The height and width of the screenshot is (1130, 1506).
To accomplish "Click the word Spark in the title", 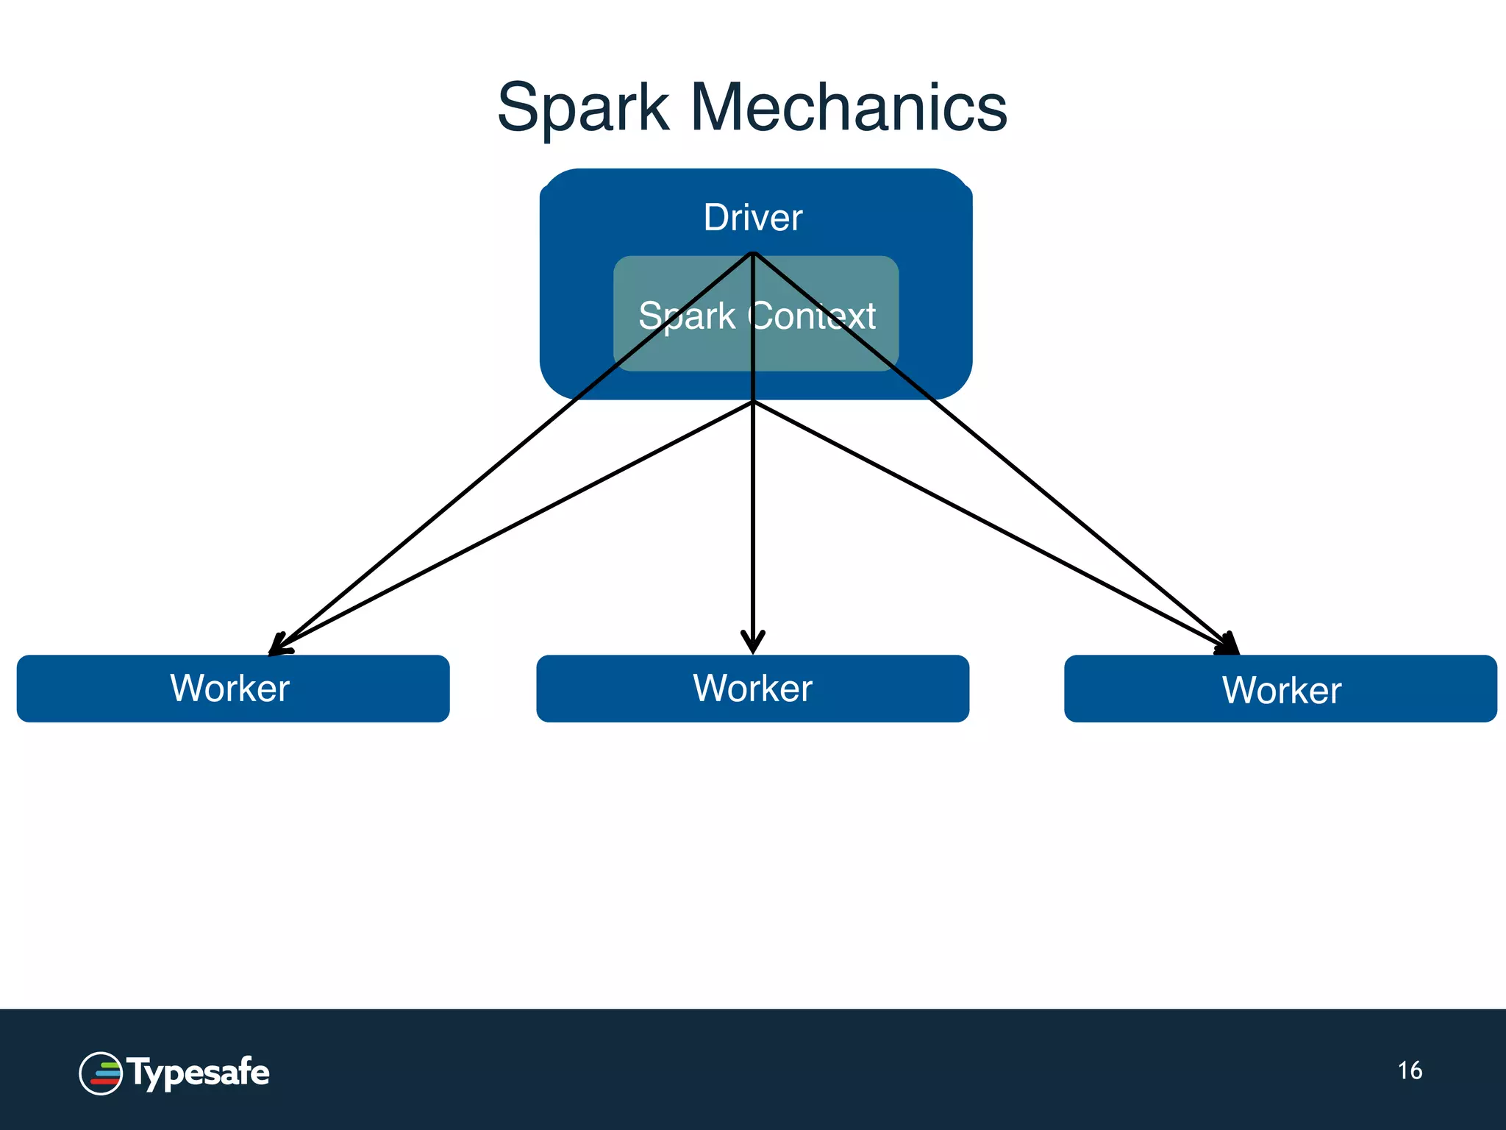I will (582, 108).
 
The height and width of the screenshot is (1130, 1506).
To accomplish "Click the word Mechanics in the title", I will (848, 107).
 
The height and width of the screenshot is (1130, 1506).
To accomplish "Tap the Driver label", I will (752, 218).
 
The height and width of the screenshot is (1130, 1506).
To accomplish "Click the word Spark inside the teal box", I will (686, 316).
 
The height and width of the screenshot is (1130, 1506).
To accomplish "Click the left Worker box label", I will (229, 689).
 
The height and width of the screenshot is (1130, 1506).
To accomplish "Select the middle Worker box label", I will (752, 689).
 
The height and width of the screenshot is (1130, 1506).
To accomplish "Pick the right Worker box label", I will (1282, 690).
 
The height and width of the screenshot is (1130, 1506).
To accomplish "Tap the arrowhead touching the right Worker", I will (1229, 644).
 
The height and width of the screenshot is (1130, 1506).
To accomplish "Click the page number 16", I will (1410, 1070).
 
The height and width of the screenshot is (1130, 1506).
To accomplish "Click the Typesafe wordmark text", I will (198, 1073).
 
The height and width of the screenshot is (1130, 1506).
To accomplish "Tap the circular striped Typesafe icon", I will (101, 1073).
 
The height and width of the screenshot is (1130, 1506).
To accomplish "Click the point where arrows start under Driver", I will (752, 254).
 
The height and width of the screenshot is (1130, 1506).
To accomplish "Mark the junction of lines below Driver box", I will (752, 402).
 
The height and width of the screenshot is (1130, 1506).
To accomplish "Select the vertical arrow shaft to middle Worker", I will (752, 515).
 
